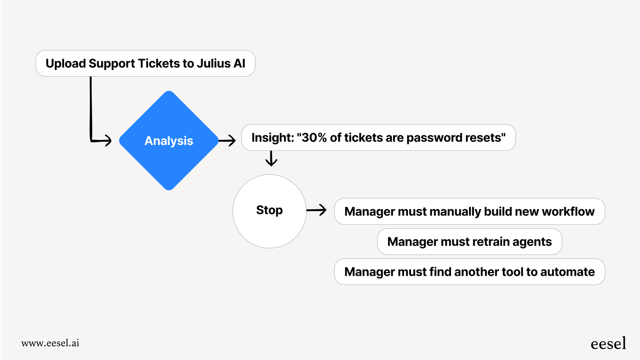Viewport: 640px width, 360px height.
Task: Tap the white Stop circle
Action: point(269,211)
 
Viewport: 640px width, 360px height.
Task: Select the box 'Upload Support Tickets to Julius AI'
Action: point(145,63)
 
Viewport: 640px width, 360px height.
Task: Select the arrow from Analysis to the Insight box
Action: point(227,141)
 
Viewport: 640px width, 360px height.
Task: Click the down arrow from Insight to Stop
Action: point(271,158)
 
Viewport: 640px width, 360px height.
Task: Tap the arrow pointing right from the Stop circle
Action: point(317,210)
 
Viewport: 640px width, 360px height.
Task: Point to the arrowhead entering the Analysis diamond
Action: point(108,141)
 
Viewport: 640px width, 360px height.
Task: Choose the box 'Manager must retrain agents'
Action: point(469,242)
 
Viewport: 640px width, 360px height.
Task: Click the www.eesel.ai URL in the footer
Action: point(50,343)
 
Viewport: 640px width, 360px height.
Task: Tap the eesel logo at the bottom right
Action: point(608,344)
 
